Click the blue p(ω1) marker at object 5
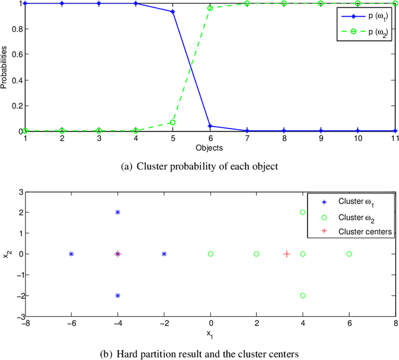pyautogui.click(x=173, y=11)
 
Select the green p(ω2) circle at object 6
pyautogui.click(x=210, y=8)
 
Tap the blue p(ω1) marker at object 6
pyautogui.click(x=210, y=126)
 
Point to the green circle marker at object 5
pyautogui.click(x=173, y=122)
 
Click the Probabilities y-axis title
pyautogui.click(x=5, y=67)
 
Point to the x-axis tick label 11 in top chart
pyautogui.click(x=394, y=140)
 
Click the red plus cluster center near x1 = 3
pyautogui.click(x=287, y=254)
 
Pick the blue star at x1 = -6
pyautogui.click(x=71, y=254)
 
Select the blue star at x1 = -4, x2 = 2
pyautogui.click(x=117, y=212)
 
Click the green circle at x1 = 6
pyautogui.click(x=349, y=254)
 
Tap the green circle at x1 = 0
pyautogui.click(x=211, y=254)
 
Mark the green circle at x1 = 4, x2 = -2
pyautogui.click(x=303, y=296)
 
